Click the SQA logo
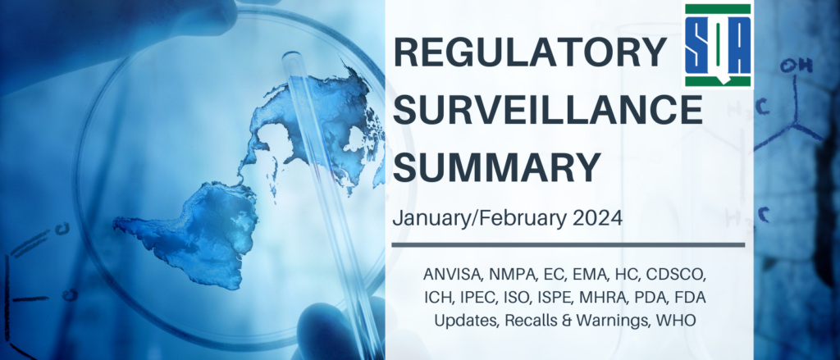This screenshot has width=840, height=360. [718, 46]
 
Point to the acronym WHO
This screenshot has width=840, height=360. [680, 321]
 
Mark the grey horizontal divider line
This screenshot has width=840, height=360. [568, 245]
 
